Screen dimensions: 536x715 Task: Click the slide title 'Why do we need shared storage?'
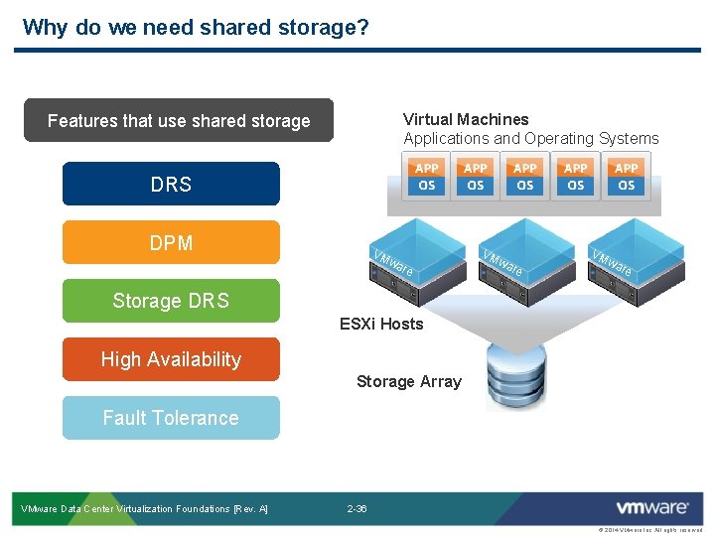[196, 27]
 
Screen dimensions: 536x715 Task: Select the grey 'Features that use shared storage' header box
[179, 121]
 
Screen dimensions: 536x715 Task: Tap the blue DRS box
[171, 184]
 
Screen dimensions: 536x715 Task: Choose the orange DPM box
[171, 242]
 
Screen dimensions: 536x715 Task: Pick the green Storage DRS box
[171, 301]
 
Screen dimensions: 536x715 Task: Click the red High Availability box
[171, 359]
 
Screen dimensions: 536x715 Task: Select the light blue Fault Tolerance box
[171, 418]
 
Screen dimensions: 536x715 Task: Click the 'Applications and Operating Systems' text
[530, 139]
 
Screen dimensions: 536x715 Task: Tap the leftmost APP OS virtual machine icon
[426, 177]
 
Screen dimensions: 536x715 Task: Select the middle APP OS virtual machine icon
[525, 177]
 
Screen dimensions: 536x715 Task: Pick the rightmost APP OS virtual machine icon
[626, 177]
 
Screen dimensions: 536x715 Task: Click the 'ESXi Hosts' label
[381, 324]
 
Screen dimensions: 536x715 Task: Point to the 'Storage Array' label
[408, 381]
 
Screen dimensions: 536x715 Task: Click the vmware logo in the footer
[651, 508]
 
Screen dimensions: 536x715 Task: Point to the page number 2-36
[357, 509]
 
